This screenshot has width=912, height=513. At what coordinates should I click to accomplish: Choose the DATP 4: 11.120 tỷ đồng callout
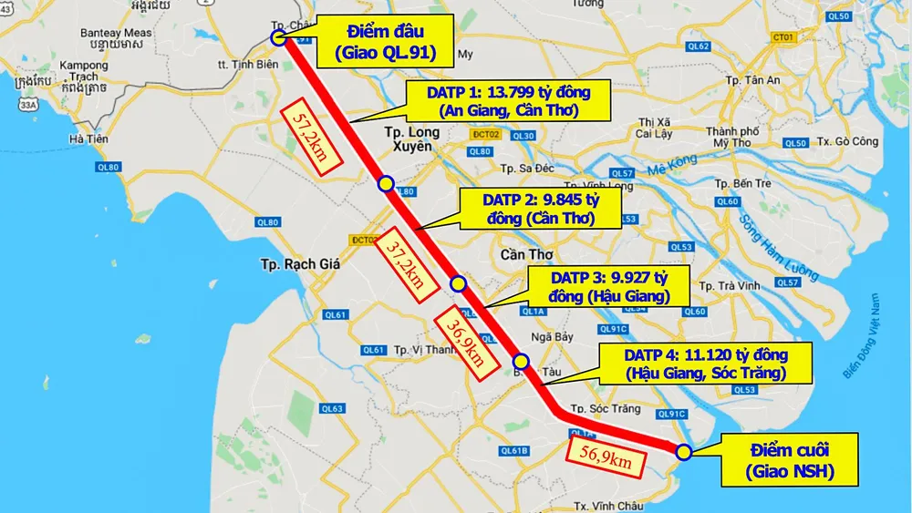pyautogui.click(x=706, y=364)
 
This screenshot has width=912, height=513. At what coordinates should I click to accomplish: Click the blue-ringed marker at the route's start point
pyautogui.click(x=280, y=37)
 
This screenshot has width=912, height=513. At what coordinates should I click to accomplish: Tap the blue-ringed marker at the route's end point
pyautogui.click(x=684, y=450)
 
